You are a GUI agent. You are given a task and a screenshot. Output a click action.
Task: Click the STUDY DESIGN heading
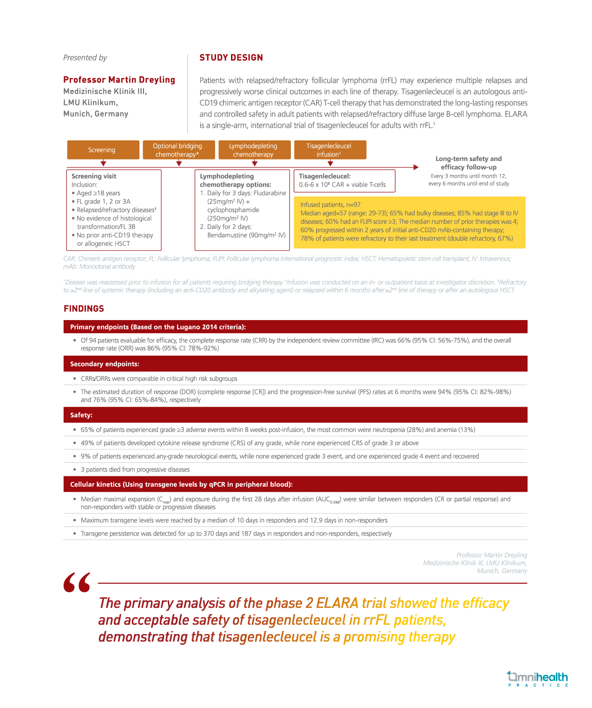tap(231, 58)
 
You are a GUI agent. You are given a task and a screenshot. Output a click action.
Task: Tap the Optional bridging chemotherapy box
tap(178, 150)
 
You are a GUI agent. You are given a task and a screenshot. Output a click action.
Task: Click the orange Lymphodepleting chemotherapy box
tap(254, 150)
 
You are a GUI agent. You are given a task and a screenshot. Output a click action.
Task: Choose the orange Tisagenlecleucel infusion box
tap(330, 150)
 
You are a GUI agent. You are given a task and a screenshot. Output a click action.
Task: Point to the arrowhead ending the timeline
tap(416, 167)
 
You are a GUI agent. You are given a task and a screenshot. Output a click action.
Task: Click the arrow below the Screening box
tap(103, 163)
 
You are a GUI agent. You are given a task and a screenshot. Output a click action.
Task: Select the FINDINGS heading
tap(84, 308)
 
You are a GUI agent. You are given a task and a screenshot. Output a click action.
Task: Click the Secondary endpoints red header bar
tap(295, 364)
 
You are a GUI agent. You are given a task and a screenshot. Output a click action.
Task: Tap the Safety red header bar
tap(295, 415)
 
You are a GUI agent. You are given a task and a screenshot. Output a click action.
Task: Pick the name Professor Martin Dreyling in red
tap(119, 80)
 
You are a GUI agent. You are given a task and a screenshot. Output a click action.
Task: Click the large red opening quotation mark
tap(77, 582)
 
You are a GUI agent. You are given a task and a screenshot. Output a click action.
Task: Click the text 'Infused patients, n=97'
tap(330, 204)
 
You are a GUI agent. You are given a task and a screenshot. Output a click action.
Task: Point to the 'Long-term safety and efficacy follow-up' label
tap(469, 163)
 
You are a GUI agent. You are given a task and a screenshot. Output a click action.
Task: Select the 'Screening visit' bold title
tap(94, 176)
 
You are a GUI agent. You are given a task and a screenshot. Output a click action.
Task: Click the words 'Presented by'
tap(85, 58)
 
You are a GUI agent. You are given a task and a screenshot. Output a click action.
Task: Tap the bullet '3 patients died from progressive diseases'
tap(135, 469)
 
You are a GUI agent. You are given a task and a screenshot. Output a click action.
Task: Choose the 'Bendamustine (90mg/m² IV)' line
tap(246, 235)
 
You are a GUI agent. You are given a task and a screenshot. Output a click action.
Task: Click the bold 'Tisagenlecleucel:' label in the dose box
tap(325, 176)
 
